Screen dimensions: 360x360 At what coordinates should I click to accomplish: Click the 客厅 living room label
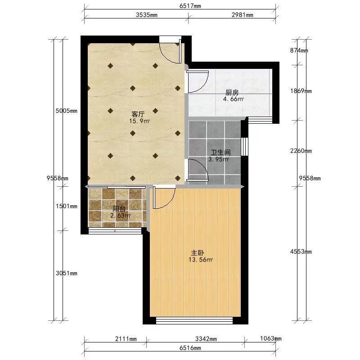pos(138,114)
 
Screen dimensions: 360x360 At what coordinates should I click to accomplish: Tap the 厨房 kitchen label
pos(232,93)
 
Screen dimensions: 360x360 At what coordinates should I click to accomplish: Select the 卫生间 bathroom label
pos(220,152)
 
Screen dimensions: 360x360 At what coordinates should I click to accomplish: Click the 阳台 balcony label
pos(119,209)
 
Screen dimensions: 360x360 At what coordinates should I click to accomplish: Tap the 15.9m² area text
pos(139,121)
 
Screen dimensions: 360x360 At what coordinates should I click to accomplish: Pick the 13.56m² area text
pos(200,260)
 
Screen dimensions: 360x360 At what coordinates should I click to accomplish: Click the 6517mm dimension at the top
pos(190,6)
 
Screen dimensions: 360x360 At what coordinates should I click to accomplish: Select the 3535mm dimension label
pos(147,15)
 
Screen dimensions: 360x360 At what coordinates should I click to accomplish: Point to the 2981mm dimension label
pos(243,15)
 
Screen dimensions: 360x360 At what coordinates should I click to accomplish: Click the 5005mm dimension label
pos(66,111)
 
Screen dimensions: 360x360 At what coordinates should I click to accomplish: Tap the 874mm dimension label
pos(299,50)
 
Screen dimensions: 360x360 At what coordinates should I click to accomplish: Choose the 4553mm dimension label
pos(301,252)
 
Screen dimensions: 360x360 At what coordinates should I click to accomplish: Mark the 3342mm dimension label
pos(206,339)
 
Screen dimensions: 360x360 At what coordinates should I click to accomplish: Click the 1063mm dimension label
pos(271,338)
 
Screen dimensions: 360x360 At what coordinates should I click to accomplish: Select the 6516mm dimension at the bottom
pos(190,348)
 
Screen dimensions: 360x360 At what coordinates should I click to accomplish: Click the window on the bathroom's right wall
pos(245,147)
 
